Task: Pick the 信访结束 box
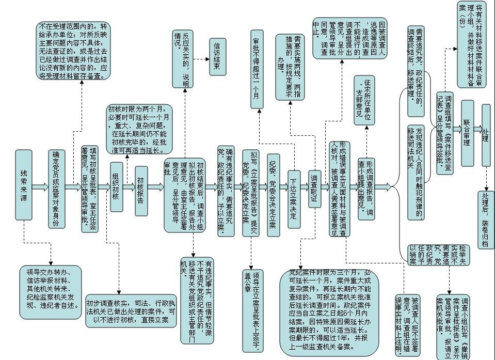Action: pyautogui.click(x=218, y=57)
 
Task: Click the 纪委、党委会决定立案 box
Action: pyautogui.click(x=274, y=195)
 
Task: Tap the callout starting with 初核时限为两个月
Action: pyautogui.click(x=138, y=130)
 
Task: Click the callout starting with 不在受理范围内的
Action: pyautogui.click(x=74, y=51)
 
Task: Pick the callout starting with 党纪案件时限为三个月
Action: pyautogui.click(x=329, y=312)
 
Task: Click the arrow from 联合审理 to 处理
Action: pyautogui.click(x=477, y=128)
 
